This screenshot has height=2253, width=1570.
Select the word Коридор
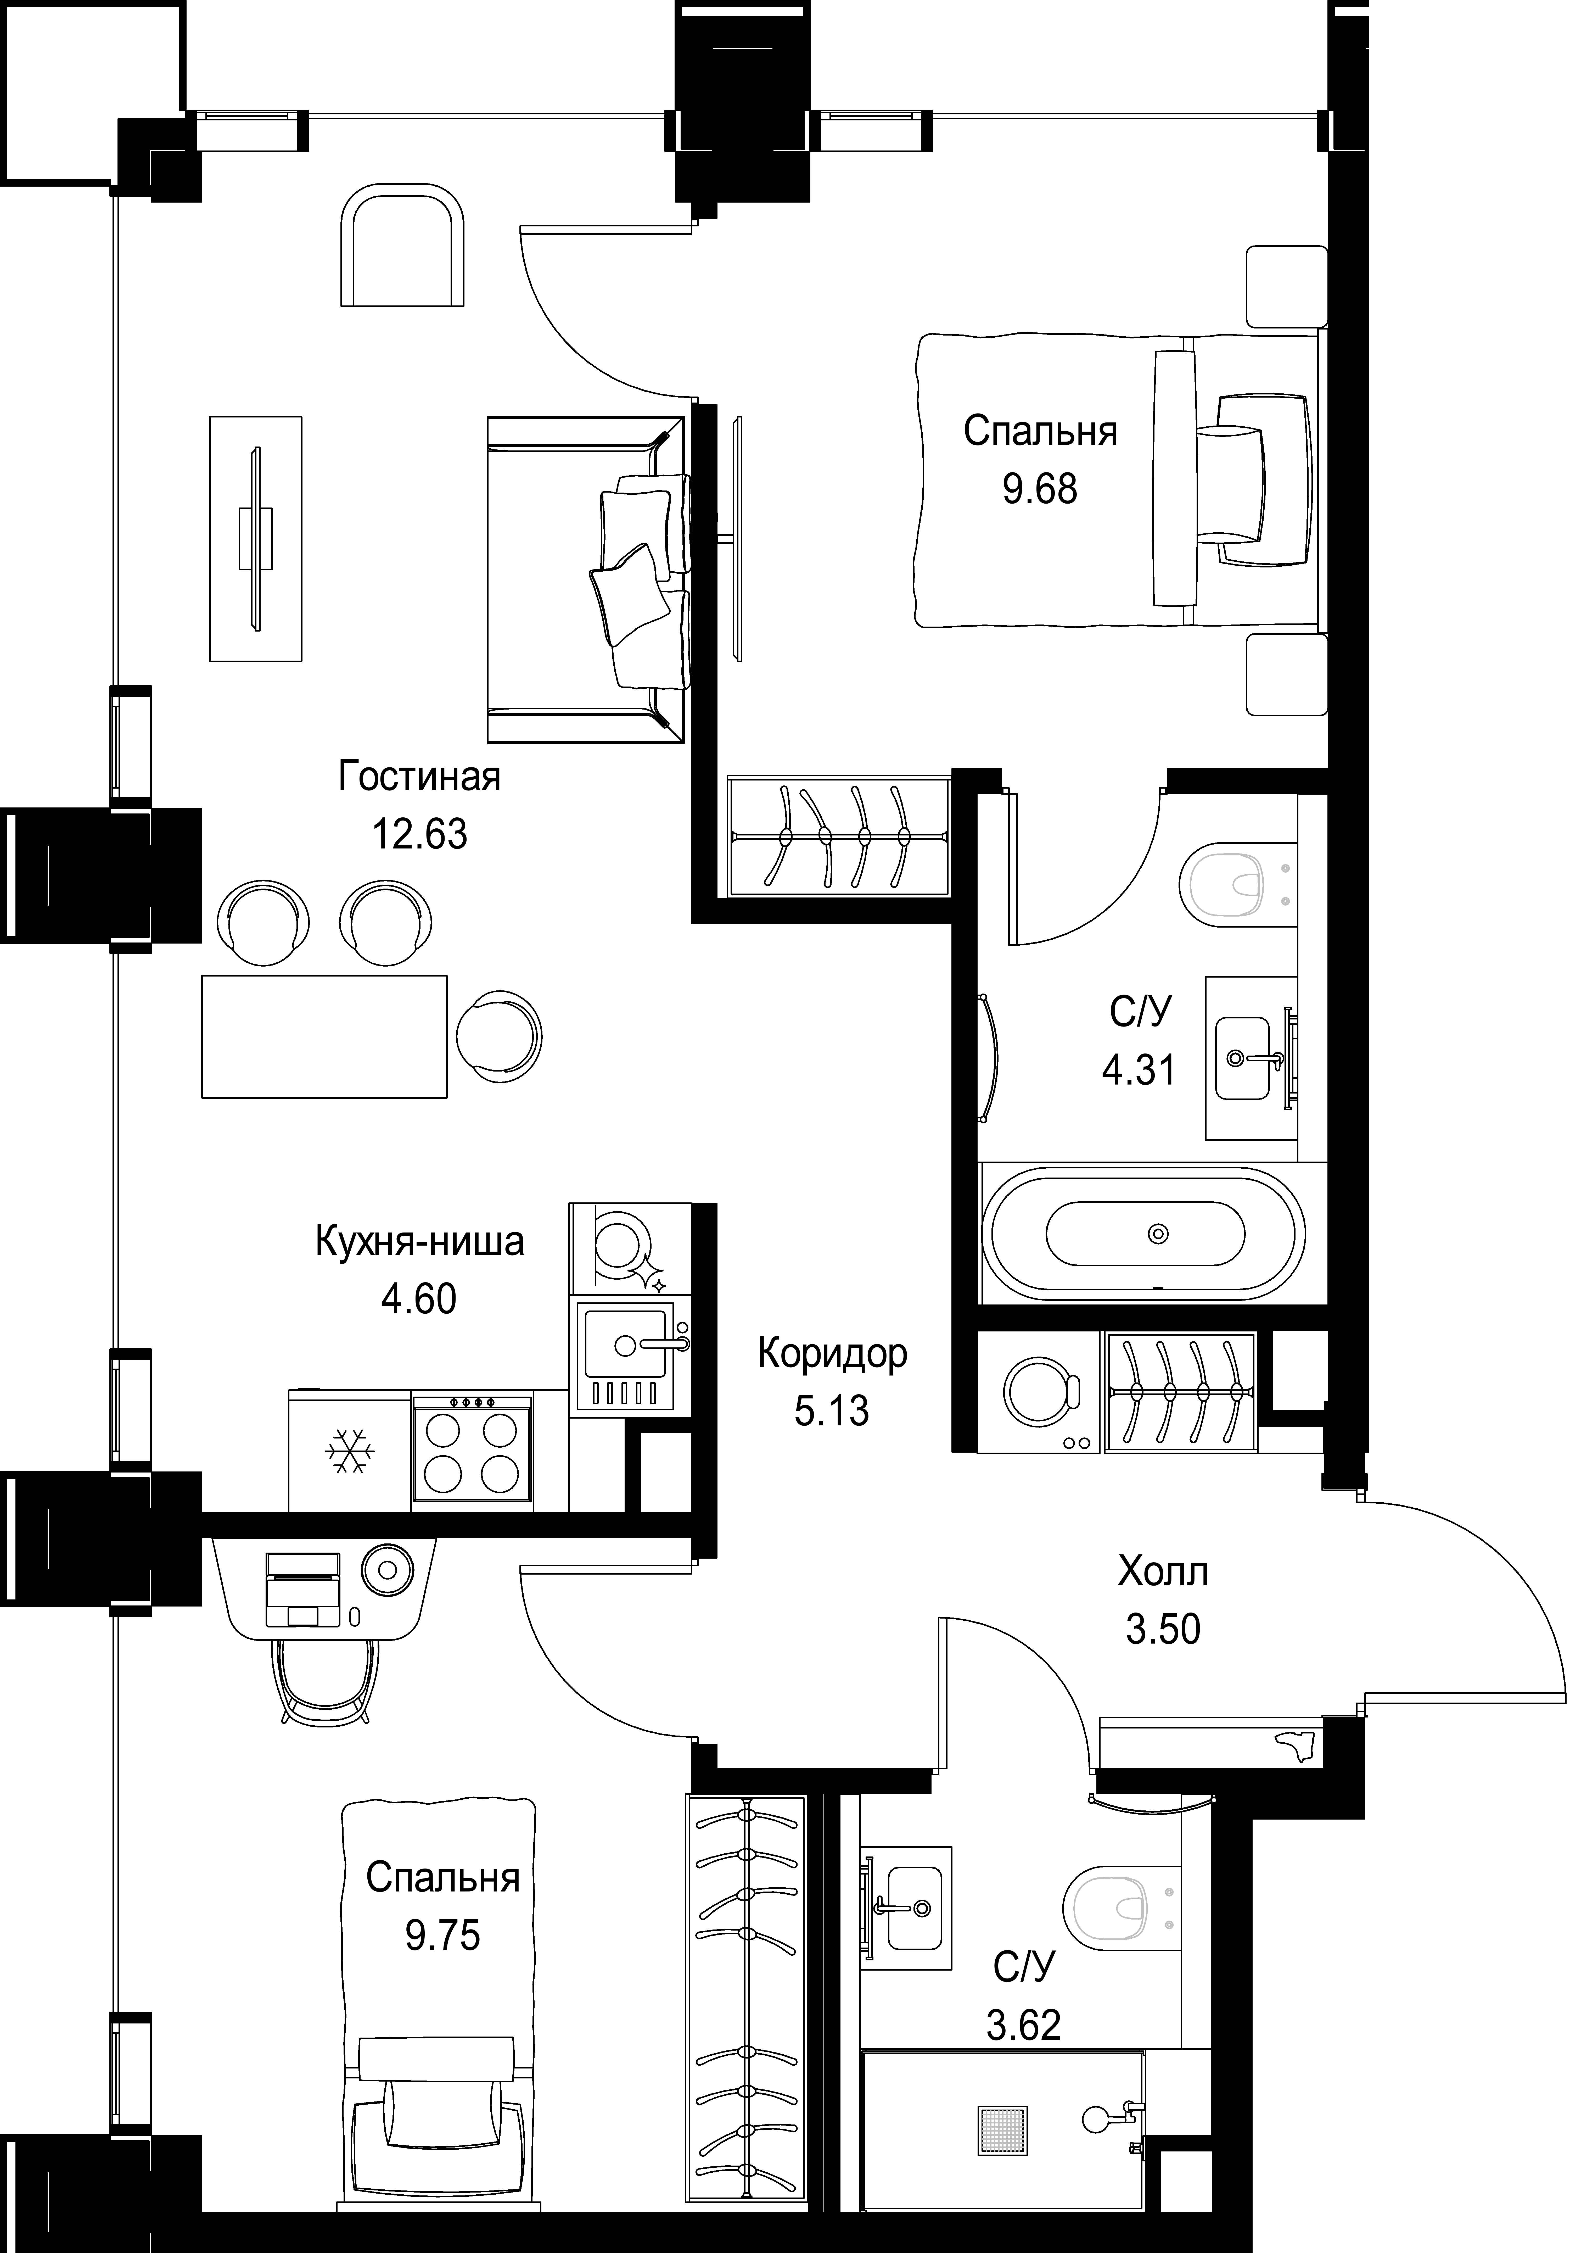click(832, 1354)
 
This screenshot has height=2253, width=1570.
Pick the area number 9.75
click(442, 1936)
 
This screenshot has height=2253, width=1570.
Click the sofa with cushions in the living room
click(589, 579)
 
